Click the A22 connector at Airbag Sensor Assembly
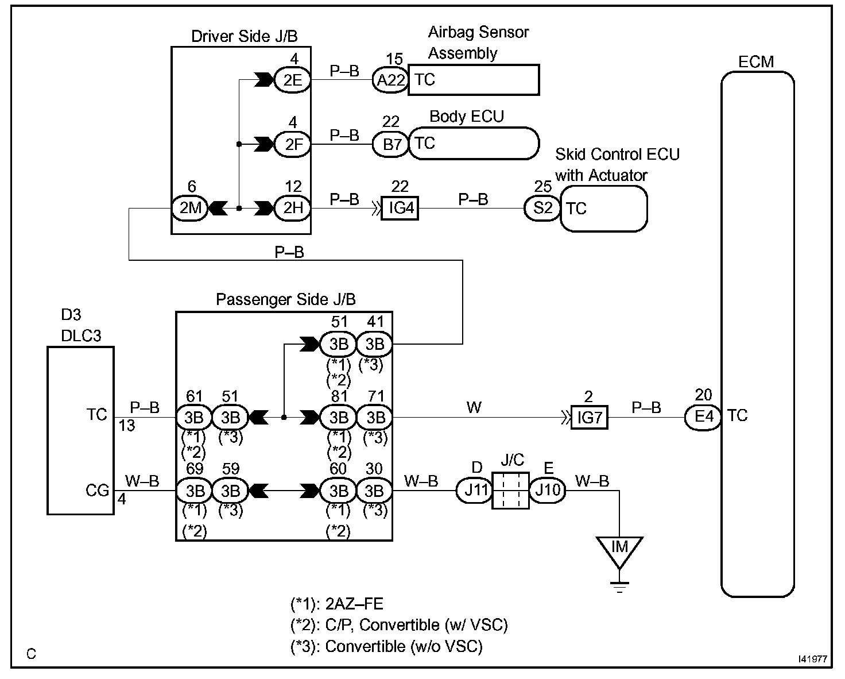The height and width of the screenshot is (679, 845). (389, 80)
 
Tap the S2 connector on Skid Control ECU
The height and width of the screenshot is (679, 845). (542, 207)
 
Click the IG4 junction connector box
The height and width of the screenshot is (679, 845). (401, 207)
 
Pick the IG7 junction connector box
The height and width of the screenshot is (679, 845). (589, 417)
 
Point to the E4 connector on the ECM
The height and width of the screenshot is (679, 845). (703, 417)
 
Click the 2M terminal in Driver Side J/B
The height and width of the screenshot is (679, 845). (189, 207)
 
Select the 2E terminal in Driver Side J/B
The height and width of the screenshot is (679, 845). (292, 80)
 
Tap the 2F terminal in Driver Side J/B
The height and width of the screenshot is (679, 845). (292, 144)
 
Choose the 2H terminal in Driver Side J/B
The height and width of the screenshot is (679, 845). (292, 207)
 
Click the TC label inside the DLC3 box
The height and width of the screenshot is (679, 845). (96, 415)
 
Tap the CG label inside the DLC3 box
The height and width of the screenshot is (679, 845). (96, 491)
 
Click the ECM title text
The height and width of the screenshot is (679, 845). (756, 61)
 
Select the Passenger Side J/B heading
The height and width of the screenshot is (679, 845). (285, 299)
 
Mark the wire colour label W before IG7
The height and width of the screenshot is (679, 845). (474, 408)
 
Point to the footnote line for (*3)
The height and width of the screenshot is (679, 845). (386, 646)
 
